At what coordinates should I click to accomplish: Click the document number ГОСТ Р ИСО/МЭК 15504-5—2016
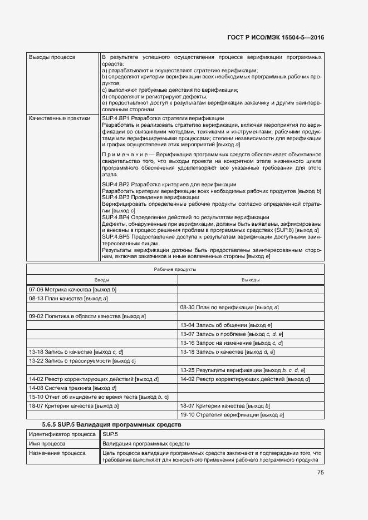click(276, 37)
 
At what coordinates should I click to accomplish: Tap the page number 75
click(320, 473)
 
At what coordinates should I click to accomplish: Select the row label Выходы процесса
click(52, 57)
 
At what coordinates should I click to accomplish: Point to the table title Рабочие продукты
click(175, 269)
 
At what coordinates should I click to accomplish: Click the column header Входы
click(101, 280)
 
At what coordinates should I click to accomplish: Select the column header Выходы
click(251, 280)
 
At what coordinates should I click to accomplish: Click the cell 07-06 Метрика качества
click(72, 289)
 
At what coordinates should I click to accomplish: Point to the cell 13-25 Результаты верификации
click(242, 369)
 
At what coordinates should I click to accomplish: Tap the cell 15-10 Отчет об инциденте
click(99, 397)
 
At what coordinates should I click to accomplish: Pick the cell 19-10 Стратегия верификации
click(232, 414)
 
